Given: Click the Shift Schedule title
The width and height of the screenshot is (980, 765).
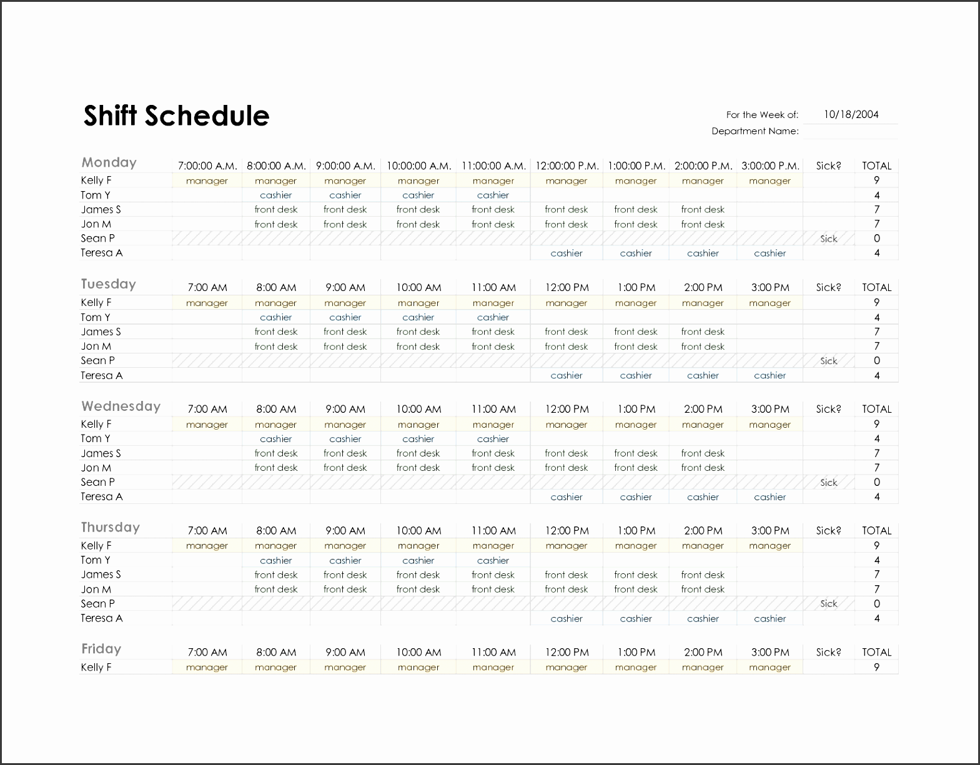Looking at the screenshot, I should point(176,116).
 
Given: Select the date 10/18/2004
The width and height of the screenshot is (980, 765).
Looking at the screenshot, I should point(851,114).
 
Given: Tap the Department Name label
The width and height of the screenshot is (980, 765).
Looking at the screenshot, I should point(755,131).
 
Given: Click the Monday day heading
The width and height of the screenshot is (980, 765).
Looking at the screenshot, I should point(109,162).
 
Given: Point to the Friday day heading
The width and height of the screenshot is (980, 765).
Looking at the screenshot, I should point(101,649).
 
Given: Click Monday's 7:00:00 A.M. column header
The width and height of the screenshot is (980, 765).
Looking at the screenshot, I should point(207,165).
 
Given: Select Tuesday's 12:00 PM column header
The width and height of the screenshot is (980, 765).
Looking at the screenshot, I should point(567,287).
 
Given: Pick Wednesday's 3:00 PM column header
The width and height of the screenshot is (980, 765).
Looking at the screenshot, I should point(770,409).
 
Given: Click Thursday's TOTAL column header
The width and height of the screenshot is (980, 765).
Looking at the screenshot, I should point(876,530).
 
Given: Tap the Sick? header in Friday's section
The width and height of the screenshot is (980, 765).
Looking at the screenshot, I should point(828,652).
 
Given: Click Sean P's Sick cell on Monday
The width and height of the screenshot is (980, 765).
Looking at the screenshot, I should point(828,239).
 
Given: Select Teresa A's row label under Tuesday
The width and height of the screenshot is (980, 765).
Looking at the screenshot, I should point(101,375).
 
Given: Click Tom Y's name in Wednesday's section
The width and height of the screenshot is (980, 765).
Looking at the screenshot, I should point(95,438).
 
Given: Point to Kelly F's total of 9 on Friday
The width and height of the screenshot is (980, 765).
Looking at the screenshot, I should point(876,667).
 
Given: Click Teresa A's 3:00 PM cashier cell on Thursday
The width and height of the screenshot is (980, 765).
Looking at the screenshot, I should point(770,618).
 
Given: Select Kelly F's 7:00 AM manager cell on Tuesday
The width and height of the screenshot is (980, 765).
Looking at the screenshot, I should point(207,303).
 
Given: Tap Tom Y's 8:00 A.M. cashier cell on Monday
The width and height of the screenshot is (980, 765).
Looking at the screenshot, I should point(275,195).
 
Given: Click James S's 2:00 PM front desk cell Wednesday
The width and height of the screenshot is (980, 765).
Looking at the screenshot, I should point(703,453).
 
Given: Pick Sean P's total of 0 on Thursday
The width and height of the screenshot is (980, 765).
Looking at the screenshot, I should point(876,604).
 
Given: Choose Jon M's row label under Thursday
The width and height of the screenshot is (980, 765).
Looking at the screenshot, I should point(96,589).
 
